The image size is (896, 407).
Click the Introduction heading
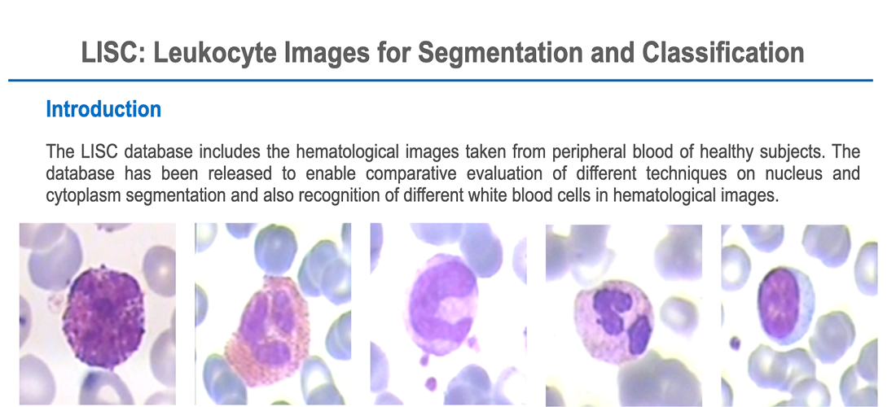pos(103,109)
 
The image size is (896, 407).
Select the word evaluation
pos(500,174)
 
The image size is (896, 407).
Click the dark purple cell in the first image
pos(103,313)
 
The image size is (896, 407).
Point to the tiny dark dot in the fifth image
pos(736,344)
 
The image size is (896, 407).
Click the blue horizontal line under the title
pos(440,81)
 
